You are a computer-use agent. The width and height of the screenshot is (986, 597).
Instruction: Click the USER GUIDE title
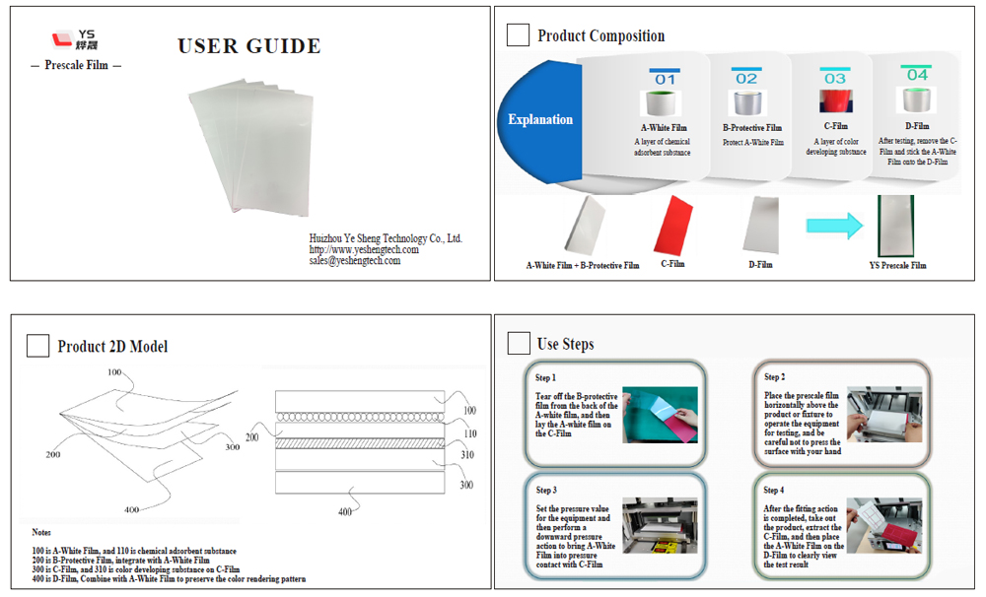coord(248,46)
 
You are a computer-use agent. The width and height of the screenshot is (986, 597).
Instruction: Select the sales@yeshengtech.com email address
coord(355,261)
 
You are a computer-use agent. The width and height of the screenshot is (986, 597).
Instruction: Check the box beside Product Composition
coord(518,35)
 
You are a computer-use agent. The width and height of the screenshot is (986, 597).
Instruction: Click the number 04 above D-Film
coord(917,75)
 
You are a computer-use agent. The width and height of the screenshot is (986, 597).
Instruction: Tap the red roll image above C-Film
coord(835,102)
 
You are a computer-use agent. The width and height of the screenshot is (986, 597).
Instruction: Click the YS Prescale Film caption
coord(897,265)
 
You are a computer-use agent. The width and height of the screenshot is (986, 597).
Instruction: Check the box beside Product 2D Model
coord(37,346)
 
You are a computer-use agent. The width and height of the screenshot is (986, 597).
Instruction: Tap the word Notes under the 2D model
coord(41,532)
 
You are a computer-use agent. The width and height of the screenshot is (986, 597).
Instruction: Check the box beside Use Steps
coord(519,343)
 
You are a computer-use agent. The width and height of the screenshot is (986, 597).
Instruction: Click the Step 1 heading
coord(545,377)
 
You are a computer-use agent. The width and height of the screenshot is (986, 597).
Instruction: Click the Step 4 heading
coord(775,490)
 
